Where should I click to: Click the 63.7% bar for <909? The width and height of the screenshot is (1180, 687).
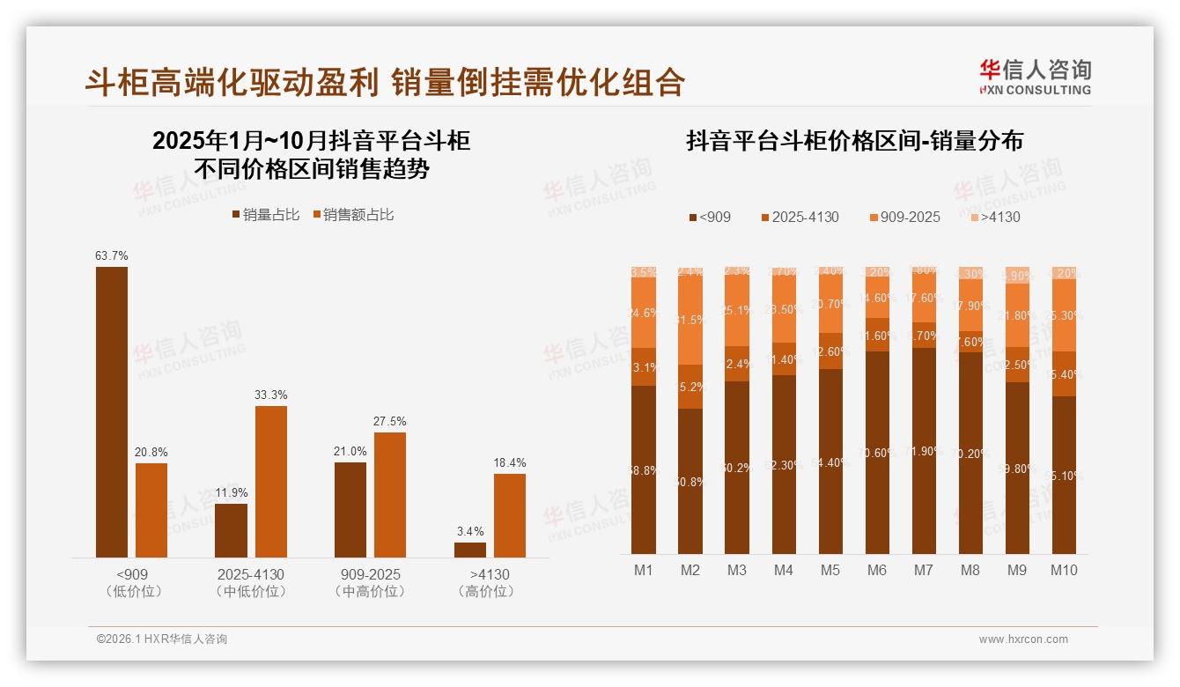point(112,411)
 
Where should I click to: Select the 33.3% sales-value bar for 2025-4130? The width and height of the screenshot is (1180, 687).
point(271,481)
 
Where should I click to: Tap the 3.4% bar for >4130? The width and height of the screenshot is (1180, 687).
point(470,550)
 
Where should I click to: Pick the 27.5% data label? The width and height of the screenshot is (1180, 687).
point(390,422)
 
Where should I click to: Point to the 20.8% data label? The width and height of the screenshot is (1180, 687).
point(151,452)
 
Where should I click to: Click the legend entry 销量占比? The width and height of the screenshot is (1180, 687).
point(265,215)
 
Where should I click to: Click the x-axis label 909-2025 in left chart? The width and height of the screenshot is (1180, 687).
point(371,574)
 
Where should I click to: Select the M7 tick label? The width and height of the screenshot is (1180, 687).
point(923,571)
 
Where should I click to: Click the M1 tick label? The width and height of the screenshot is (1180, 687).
point(644,571)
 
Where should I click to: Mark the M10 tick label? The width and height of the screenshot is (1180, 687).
point(1064,571)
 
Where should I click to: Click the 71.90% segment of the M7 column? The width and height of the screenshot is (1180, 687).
point(923,451)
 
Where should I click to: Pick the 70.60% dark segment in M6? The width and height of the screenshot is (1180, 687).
point(876,453)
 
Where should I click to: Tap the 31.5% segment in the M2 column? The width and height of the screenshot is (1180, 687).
point(690,321)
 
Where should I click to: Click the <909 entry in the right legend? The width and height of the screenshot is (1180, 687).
point(710,217)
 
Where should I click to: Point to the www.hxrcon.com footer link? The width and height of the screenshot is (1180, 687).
point(1023,639)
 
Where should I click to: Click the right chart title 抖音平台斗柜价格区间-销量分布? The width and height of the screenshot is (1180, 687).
point(854,142)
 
